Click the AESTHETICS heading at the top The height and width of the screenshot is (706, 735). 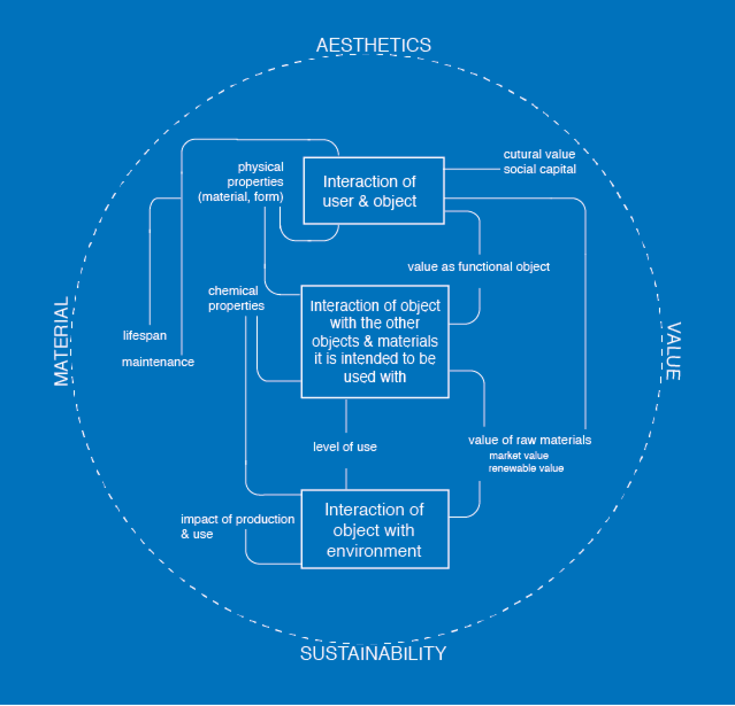tap(374, 45)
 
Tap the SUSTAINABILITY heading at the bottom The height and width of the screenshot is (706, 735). tap(373, 654)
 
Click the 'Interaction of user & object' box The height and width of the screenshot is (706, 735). tap(374, 191)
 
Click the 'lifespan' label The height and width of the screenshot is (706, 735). tap(145, 336)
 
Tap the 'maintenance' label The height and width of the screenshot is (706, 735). tap(158, 362)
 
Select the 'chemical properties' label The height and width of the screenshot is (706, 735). tap(236, 298)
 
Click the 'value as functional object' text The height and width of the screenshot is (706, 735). tap(479, 267)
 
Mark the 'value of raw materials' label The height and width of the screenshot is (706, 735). tap(529, 440)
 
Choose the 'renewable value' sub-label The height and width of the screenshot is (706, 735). tap(526, 469)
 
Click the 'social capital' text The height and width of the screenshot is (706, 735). tap(540, 169)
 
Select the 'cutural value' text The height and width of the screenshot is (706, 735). tap(539, 154)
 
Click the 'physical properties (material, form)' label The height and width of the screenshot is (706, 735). tap(248, 182)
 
